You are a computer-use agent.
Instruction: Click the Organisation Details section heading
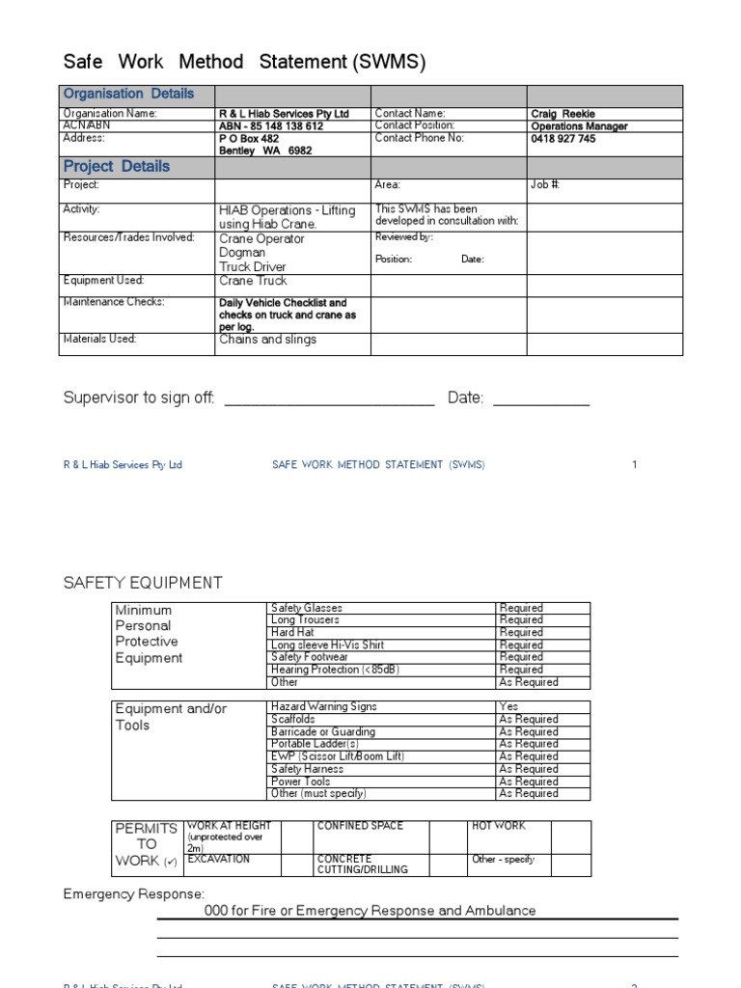pos(128,94)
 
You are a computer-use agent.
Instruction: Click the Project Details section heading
pos(116,166)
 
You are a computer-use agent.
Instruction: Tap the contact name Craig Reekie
pos(563,114)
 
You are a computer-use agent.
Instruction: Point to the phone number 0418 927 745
pos(563,139)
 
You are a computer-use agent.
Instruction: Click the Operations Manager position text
pos(579,126)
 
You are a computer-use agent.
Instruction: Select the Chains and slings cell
pos(267,340)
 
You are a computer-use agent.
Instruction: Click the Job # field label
pos(545,184)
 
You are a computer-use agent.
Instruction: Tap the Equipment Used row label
pos(103,281)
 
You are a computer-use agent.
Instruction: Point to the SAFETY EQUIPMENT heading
pos(143,583)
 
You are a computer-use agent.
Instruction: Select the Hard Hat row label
pos(292,633)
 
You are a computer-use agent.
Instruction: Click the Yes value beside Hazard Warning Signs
pos(508,707)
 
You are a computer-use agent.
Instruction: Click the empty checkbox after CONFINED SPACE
pos(448,836)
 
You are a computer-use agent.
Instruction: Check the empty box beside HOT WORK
pos(573,836)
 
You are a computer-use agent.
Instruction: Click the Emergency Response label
pos(134,894)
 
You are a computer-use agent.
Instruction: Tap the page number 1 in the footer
pos(635,465)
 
